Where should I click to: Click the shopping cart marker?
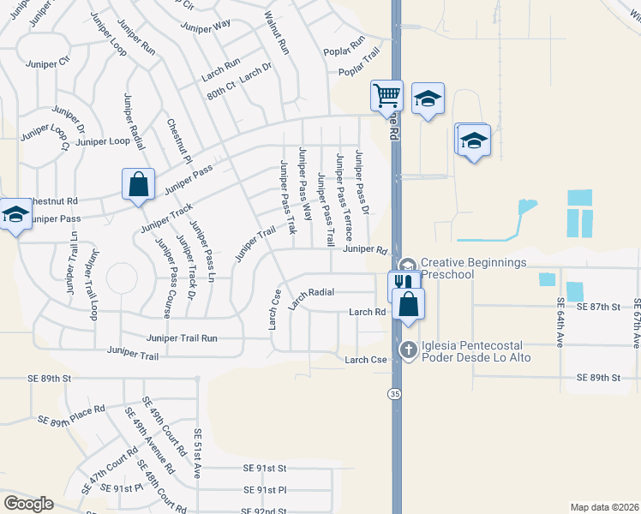pos(387,94)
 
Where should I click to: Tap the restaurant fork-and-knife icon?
pos(404,284)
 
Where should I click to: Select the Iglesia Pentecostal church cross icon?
pos(408,349)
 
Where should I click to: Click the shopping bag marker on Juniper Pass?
pos(138,184)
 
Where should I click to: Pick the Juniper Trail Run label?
pos(182,338)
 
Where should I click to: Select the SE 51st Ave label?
pos(198,453)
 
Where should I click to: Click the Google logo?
pos(28,503)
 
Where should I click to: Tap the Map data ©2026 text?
pos(604,507)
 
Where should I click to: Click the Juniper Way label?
pos(206,25)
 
